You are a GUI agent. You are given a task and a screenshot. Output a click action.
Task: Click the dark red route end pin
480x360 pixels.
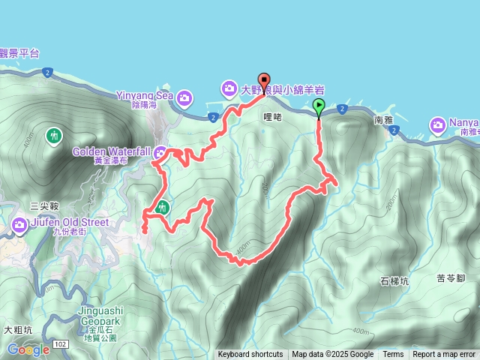point(264,81)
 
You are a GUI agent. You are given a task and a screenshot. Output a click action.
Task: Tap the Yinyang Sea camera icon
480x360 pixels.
point(185,97)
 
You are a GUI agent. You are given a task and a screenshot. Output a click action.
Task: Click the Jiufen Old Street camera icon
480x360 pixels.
point(19,223)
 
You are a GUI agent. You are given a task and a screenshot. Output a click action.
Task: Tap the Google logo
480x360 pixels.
point(28,349)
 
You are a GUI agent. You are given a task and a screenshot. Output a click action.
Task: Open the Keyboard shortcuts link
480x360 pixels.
point(250,355)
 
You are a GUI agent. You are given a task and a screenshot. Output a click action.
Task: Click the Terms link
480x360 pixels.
point(393,355)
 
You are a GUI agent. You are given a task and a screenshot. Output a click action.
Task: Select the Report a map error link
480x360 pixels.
point(444,355)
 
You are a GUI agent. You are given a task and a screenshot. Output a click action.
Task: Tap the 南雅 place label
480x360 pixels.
point(382,119)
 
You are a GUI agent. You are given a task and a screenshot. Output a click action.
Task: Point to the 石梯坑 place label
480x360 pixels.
point(394,281)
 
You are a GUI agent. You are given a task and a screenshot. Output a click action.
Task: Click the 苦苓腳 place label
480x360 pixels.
point(451,278)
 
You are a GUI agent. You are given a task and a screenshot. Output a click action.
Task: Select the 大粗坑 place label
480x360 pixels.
point(17,329)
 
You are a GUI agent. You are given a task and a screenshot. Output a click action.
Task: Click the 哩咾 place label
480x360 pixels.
point(272,117)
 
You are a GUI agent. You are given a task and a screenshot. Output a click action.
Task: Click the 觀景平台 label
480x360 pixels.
point(19,53)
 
